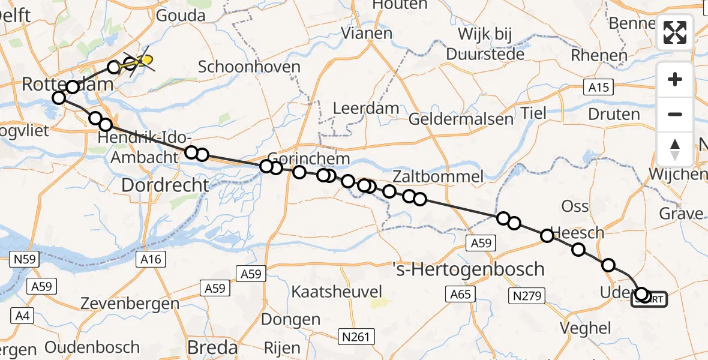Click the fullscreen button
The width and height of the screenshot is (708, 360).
coord(675,32)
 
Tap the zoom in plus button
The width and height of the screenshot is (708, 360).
coord(675,79)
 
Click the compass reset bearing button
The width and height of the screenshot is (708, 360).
coord(675,149)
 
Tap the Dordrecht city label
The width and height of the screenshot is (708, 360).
coord(165,185)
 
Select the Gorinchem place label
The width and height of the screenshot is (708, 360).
coord(309,159)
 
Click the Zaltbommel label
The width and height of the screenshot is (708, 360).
coord(438,176)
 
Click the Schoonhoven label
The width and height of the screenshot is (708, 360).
coord(249,66)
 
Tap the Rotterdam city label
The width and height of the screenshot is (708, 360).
coord(67,85)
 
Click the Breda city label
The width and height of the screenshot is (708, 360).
coord(212,347)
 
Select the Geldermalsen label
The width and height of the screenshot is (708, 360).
coord(461,119)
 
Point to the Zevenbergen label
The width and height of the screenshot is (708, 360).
coord(137,303)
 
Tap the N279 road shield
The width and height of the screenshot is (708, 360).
coord(527,295)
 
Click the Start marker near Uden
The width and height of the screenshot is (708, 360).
coord(649,298)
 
